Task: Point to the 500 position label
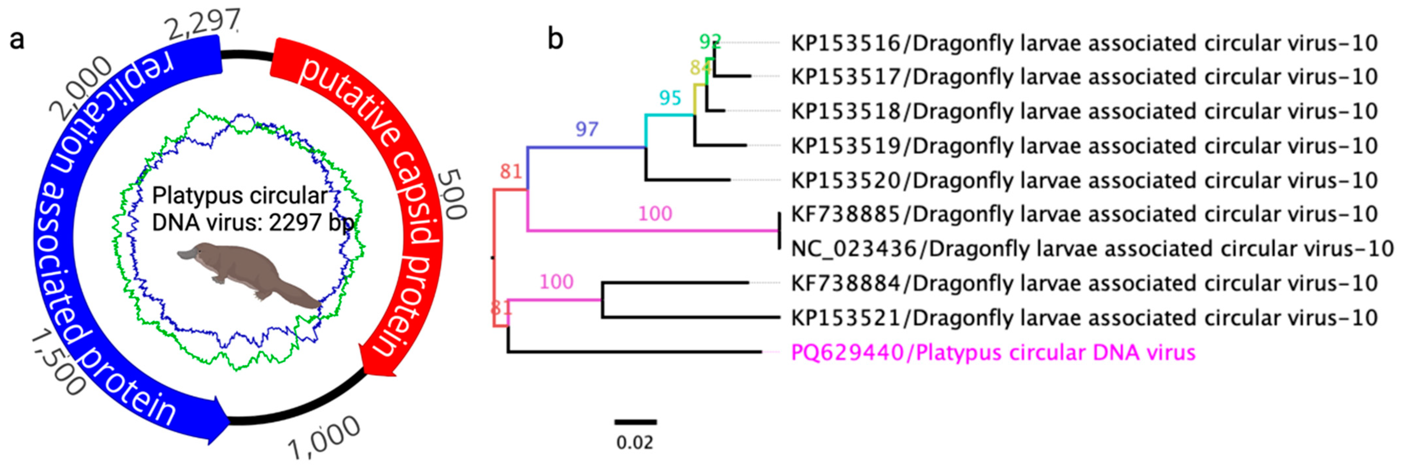coord(451,193)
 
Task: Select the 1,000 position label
coord(324,438)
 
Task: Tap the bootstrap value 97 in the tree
coord(587,129)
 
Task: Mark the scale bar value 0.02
coord(635,443)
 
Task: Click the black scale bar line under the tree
coord(636,422)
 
